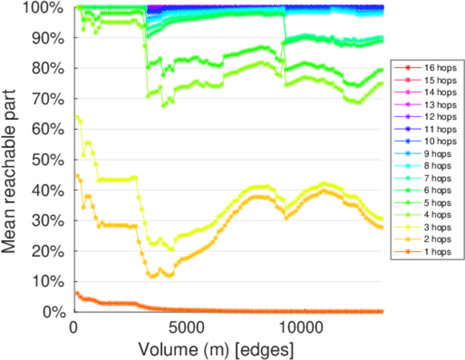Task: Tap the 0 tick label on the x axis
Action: (74, 329)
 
